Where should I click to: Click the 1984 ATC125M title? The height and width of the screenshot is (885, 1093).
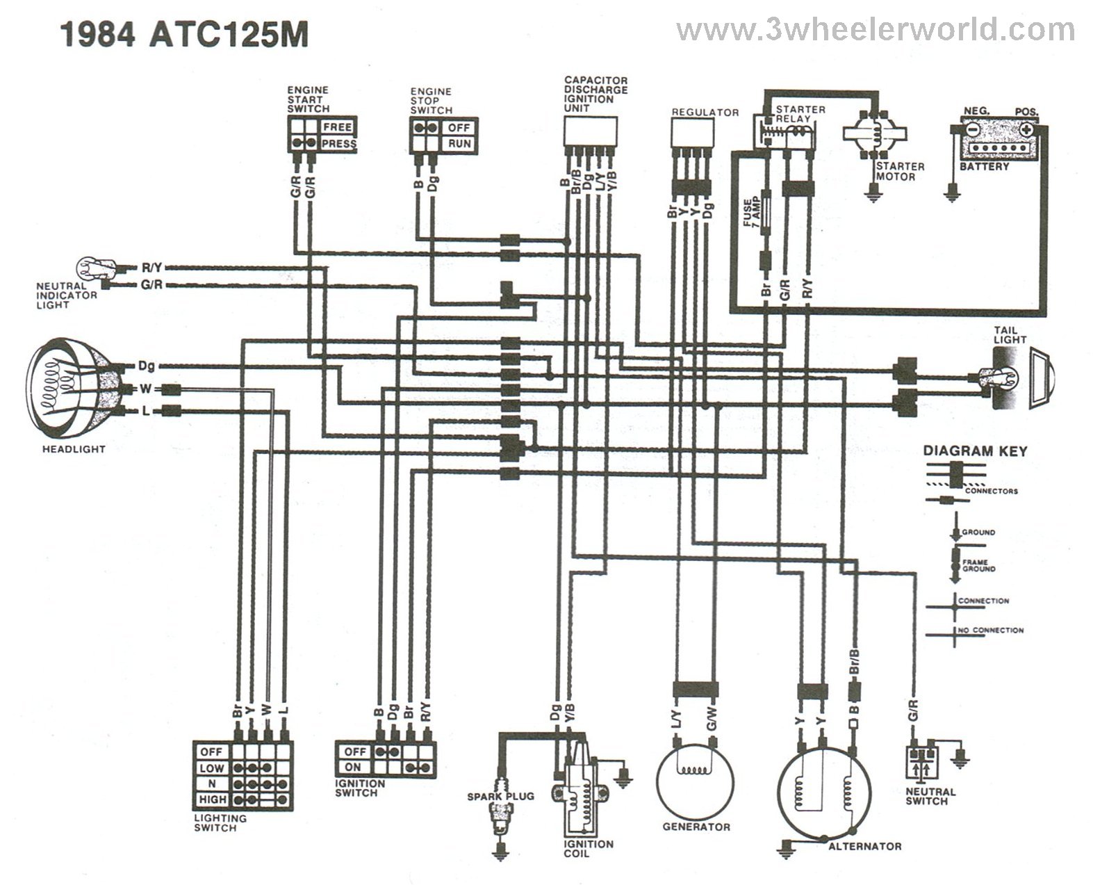tap(184, 33)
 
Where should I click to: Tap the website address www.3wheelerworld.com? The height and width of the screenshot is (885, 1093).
tap(875, 30)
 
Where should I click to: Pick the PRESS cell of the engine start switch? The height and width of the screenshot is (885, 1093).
tap(338, 144)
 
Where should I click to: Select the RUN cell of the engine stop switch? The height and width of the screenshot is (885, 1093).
tap(459, 144)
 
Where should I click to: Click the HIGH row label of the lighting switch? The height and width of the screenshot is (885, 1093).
tap(211, 799)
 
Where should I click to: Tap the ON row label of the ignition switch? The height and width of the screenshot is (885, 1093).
tap(354, 767)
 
